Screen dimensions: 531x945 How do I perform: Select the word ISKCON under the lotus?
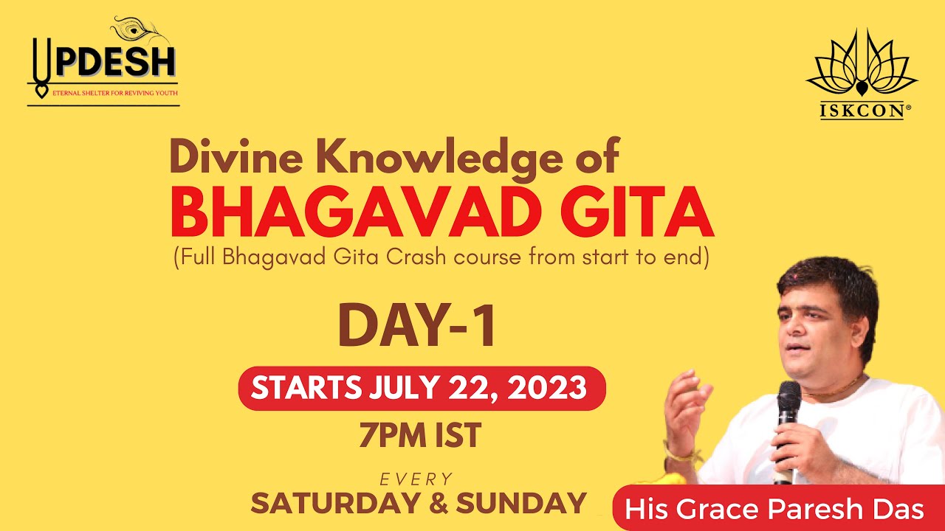[862, 111]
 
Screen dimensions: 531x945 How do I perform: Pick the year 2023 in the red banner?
[546, 388]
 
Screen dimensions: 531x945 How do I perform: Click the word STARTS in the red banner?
[306, 388]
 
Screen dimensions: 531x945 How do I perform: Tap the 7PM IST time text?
[419, 435]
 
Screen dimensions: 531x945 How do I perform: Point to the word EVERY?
[416, 480]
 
